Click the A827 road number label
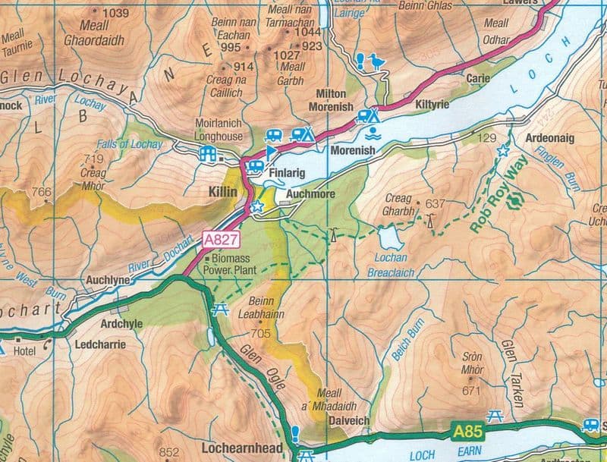[x=222, y=240]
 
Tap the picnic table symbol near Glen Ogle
[x=222, y=310]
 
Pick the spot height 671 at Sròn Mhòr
[x=471, y=391]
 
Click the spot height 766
[x=42, y=193]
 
